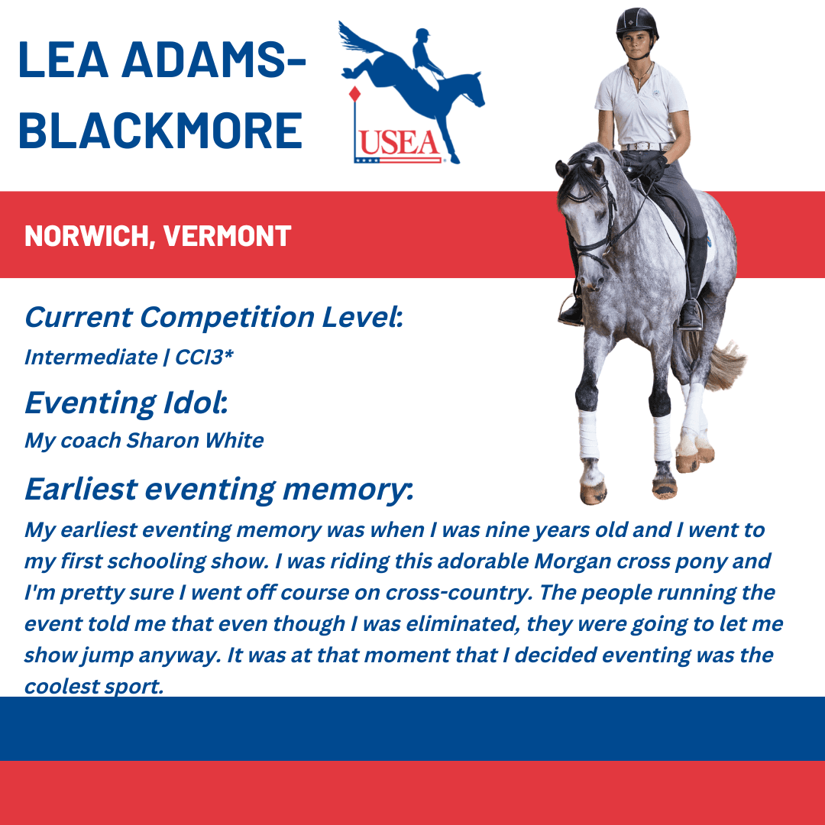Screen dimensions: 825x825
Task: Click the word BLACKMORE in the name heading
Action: pyautogui.click(x=160, y=131)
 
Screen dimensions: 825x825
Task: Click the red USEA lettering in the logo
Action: pyautogui.click(x=399, y=143)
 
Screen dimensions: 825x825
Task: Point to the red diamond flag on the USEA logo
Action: pyautogui.click(x=354, y=94)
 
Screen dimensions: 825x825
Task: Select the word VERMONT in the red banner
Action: pyautogui.click(x=227, y=236)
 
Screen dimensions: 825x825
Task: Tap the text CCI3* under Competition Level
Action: pyautogui.click(x=204, y=357)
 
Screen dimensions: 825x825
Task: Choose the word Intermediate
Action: pyautogui.click(x=91, y=357)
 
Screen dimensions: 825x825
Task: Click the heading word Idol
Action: pyautogui.click(x=196, y=403)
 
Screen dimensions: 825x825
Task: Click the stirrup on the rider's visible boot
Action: pyautogui.click(x=691, y=315)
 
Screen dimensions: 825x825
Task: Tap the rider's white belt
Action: pyautogui.click(x=646, y=147)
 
